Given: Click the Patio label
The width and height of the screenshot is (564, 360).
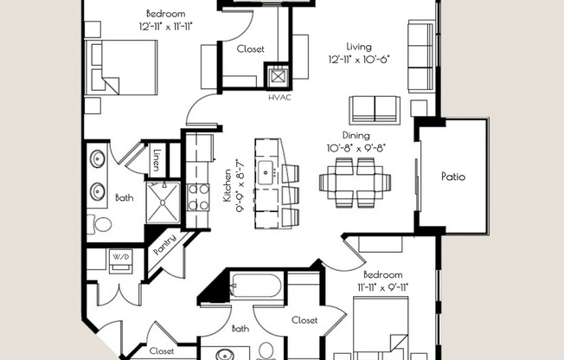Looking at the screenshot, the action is [453, 177].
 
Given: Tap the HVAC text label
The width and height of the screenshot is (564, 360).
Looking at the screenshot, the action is [279, 98].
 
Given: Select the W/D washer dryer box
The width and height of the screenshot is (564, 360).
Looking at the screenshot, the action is [121, 261].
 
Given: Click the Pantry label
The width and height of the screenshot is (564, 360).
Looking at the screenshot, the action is [164, 245].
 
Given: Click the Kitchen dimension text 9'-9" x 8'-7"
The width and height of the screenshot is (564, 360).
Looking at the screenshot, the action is [240, 186].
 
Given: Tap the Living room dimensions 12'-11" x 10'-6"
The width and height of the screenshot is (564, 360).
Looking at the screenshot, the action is [359, 59].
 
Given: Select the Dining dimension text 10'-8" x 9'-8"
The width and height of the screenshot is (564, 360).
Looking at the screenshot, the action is [356, 148].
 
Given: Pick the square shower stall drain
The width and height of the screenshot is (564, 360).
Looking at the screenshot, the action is [163, 202].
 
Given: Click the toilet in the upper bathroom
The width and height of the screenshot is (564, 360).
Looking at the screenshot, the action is [100, 224].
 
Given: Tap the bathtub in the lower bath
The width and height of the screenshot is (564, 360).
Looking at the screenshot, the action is [255, 285].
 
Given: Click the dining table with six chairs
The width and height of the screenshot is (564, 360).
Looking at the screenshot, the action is [355, 183].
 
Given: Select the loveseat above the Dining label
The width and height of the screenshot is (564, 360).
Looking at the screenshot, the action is [375, 110].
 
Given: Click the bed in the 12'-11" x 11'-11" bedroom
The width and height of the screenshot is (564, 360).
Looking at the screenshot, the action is [121, 67].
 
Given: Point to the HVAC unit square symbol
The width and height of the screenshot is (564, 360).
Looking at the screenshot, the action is [278, 76].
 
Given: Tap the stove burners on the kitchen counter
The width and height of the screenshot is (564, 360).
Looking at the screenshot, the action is [198, 196].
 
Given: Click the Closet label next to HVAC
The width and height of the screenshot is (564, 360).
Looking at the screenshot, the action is [250, 49].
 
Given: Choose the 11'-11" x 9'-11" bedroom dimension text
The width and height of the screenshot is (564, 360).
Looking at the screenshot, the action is [382, 287].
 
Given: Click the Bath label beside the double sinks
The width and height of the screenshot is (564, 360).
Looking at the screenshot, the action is [124, 197].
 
